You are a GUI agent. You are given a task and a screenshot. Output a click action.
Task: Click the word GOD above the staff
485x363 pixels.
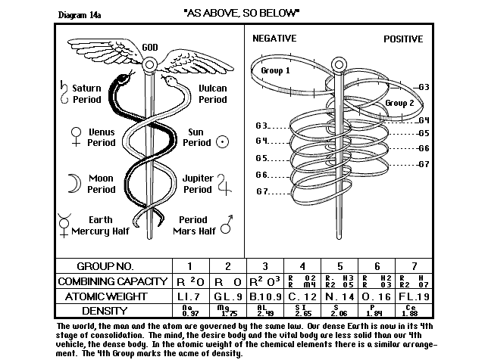[151, 48]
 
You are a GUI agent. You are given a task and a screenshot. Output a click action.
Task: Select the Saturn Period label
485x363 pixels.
[87, 94]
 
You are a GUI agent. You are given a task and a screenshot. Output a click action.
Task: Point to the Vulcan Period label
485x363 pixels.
[212, 94]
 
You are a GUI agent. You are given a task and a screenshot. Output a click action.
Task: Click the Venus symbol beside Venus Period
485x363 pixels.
[75, 136]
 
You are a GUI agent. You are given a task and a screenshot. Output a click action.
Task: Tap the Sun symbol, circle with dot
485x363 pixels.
[222, 141]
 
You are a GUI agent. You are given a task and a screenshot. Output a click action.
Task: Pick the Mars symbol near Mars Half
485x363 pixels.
[224, 225]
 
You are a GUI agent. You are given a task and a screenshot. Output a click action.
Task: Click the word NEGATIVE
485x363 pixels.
[274, 39]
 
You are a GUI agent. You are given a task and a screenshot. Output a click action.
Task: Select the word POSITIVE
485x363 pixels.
[402, 39]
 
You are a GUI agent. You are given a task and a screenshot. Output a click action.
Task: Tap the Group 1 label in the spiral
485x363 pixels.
[276, 70]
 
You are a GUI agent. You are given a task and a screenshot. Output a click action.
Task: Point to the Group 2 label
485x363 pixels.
[399, 103]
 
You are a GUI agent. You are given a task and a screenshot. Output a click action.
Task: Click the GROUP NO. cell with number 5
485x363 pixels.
[340, 266]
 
